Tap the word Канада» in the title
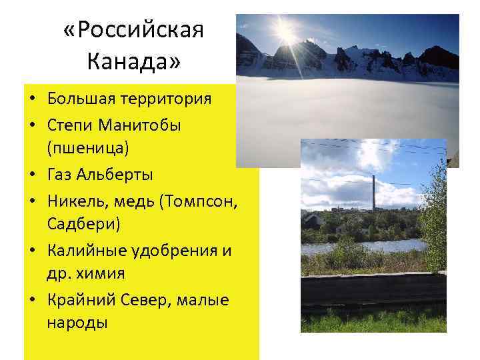click(x=133, y=63)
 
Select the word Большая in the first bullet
click(x=81, y=99)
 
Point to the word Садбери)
click(x=84, y=225)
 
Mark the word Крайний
click(x=78, y=301)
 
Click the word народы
click(x=77, y=325)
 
